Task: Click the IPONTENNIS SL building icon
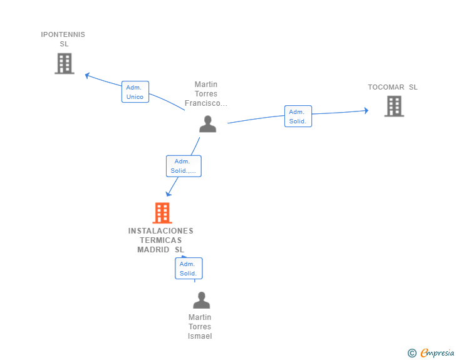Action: pyautogui.click(x=65, y=63)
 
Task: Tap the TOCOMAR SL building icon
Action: pyautogui.click(x=394, y=106)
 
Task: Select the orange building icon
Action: pyautogui.click(x=162, y=213)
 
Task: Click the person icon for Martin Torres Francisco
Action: pyautogui.click(x=208, y=124)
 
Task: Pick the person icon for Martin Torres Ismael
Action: pyautogui.click(x=201, y=300)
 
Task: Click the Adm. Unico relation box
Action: pyautogui.click(x=135, y=92)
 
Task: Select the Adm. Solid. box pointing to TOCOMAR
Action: pyautogui.click(x=298, y=116)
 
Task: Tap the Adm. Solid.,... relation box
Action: pyautogui.click(x=184, y=166)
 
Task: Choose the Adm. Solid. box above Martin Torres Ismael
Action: pyautogui.click(x=189, y=269)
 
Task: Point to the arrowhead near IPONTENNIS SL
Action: pyautogui.click(x=87, y=75)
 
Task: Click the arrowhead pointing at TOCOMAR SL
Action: pyautogui.click(x=366, y=110)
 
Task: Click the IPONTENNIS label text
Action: pyautogui.click(x=63, y=34)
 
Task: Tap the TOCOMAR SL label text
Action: pyautogui.click(x=393, y=87)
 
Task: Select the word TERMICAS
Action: pyautogui.click(x=161, y=240)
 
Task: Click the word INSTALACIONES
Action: pyautogui.click(x=161, y=231)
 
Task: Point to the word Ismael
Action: pyautogui.click(x=200, y=336)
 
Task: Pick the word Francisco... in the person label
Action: pyautogui.click(x=206, y=103)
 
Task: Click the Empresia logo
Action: pyautogui.click(x=437, y=353)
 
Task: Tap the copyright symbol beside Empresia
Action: pyautogui.click(x=412, y=353)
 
